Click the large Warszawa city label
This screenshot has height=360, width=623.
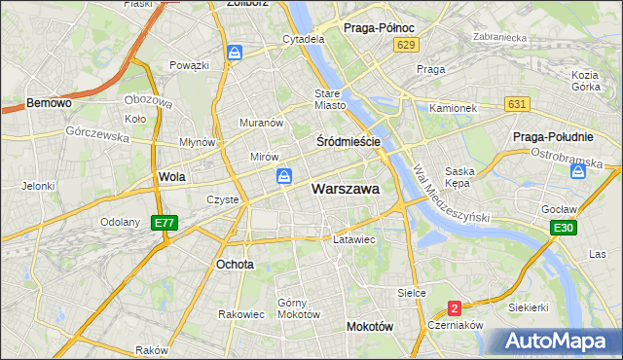pyautogui.click(x=346, y=189)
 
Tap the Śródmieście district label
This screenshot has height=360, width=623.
pyautogui.click(x=348, y=141)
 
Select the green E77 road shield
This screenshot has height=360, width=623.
pyautogui.click(x=165, y=223)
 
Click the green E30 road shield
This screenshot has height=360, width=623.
pyautogui.click(x=562, y=228)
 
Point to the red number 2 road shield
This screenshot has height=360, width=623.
pyautogui.click(x=454, y=307)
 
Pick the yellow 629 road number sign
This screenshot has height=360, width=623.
pyautogui.click(x=407, y=46)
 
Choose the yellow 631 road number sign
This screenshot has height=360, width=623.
pyautogui.click(x=518, y=104)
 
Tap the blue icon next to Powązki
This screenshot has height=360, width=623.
pyautogui.click(x=235, y=53)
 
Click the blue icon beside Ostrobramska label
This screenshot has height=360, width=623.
pyautogui.click(x=578, y=170)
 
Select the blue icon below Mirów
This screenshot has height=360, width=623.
pyautogui.click(x=283, y=176)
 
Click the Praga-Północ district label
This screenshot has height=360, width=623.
pyautogui.click(x=381, y=28)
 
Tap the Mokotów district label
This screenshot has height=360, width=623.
pyautogui.click(x=370, y=327)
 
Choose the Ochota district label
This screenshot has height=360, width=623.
pyautogui.click(x=236, y=264)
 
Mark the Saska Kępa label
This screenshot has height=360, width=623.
pyautogui.click(x=458, y=177)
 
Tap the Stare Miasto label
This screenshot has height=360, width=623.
pyautogui.click(x=330, y=99)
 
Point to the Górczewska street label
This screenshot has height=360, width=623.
pyautogui.click(x=97, y=135)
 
